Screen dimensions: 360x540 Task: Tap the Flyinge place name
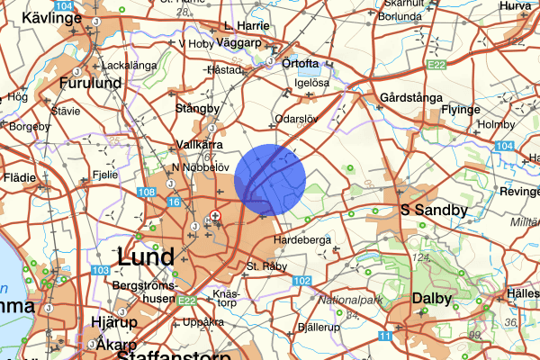(486, 109)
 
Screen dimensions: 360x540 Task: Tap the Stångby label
(197, 108)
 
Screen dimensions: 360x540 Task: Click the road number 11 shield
(384, 336)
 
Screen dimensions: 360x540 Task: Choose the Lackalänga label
(130, 66)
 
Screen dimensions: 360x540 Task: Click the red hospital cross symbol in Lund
(215, 215)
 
